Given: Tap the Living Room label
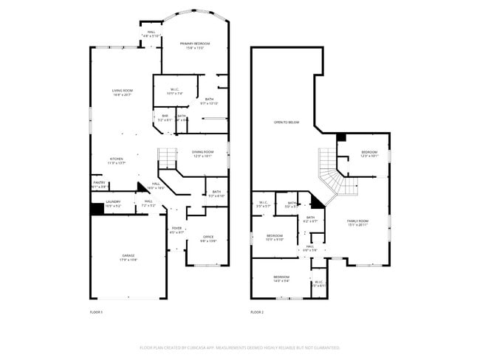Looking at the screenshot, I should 122,91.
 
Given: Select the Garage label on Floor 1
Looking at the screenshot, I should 128,256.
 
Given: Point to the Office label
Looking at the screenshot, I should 208,237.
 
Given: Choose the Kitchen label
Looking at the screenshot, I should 117,159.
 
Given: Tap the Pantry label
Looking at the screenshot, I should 98,184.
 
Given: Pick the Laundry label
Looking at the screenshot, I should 113,201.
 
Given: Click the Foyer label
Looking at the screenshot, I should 176,229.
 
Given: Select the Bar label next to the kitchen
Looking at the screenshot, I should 165,116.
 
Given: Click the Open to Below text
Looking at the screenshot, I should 287,122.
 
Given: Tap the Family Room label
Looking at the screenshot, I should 358,221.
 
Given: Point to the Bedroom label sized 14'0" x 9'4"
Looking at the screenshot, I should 282,277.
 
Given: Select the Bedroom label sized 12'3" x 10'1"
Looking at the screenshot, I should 369,153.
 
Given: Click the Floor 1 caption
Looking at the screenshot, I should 96,313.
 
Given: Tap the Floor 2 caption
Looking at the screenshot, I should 257,313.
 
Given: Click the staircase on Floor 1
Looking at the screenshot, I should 168,157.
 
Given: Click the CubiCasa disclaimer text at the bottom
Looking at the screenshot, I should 239,347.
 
